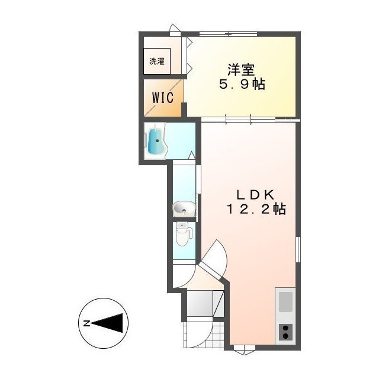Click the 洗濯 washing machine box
point(157,61)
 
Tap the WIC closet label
point(163,98)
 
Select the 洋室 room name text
point(241,70)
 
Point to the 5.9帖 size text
point(242,84)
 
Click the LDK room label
point(255,195)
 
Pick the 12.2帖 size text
point(256,209)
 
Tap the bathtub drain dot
point(158,140)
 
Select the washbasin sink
point(184,209)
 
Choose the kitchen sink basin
point(285,301)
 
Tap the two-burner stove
point(285,332)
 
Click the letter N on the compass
point(86,323)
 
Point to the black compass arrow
point(110,323)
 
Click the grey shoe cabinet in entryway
point(200,303)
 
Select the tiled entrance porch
point(204,334)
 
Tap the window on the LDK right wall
point(298,249)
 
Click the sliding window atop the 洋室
point(228,34)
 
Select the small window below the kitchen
point(245,349)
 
